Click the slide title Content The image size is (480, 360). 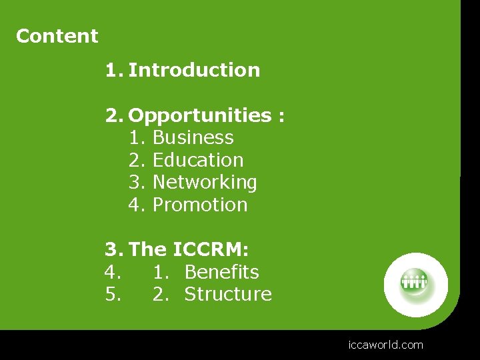[x=57, y=36]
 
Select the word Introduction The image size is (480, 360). [x=194, y=70]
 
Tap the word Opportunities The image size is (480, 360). [x=199, y=116]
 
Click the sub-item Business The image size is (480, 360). [x=193, y=138]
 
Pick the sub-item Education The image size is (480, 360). [x=198, y=161]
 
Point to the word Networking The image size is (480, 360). [x=205, y=183]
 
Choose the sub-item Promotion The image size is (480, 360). [x=200, y=205]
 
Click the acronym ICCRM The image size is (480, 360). [x=210, y=250]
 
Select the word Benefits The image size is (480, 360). [x=221, y=272]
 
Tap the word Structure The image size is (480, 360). [x=228, y=295]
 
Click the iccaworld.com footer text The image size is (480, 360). [x=385, y=345]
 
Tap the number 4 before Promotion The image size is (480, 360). [x=135, y=205]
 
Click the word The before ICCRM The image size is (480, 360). [x=147, y=250]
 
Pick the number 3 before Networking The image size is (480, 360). [x=135, y=183]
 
